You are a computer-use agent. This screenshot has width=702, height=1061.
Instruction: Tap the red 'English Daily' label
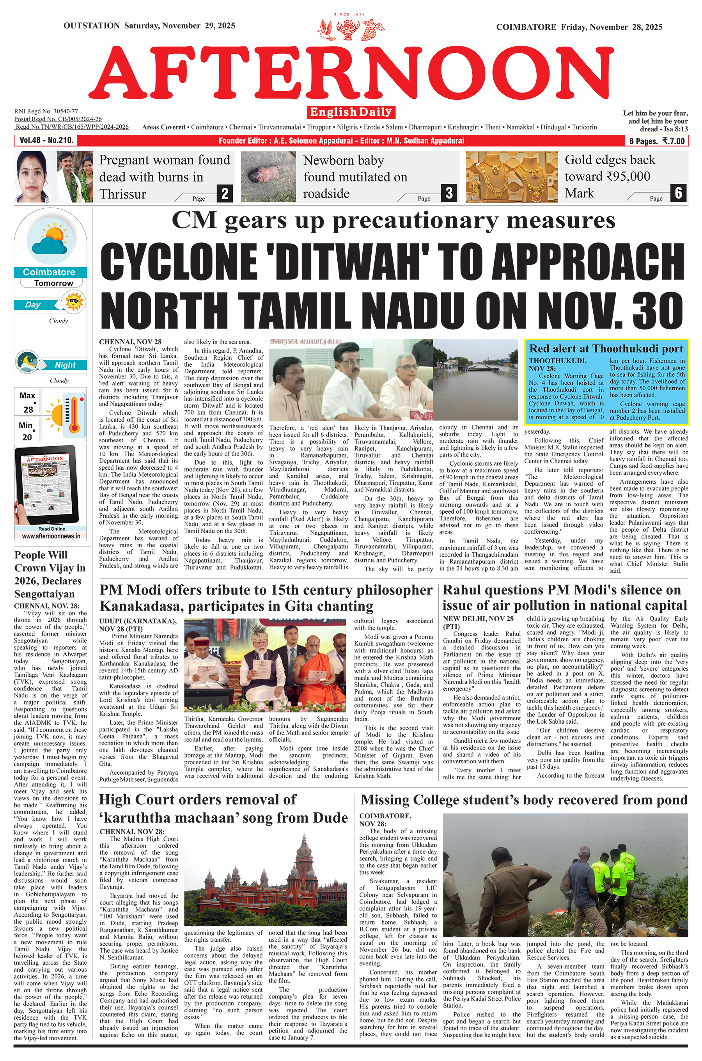(x=351, y=112)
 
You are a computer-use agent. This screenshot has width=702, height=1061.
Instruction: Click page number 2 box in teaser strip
(x=225, y=193)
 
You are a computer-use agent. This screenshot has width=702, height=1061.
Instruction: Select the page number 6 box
(x=678, y=193)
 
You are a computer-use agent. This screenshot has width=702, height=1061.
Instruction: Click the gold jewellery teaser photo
(x=511, y=177)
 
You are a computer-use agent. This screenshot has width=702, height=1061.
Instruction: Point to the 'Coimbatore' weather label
(x=49, y=272)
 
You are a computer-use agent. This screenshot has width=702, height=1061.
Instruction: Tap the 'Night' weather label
(x=65, y=365)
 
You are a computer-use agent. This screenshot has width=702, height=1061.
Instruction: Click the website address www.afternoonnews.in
(x=51, y=536)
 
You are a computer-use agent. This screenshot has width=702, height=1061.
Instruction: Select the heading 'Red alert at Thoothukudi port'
(x=606, y=349)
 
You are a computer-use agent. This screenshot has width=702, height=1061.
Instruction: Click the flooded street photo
(x=475, y=379)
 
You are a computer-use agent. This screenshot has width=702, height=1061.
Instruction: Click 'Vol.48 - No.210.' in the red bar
(x=46, y=140)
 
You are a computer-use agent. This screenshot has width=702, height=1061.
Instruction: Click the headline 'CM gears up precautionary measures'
(x=393, y=221)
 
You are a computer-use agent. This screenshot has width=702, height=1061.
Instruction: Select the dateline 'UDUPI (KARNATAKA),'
(x=137, y=621)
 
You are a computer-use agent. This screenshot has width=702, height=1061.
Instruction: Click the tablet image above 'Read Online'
(x=50, y=486)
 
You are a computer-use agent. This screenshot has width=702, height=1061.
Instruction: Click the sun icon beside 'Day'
(x=73, y=301)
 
